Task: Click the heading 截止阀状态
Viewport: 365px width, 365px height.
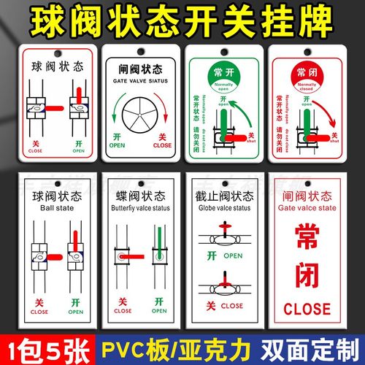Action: pos(226,194)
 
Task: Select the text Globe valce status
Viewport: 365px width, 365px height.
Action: pos(226,207)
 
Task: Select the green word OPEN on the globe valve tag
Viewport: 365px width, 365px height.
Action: pos(234,256)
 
